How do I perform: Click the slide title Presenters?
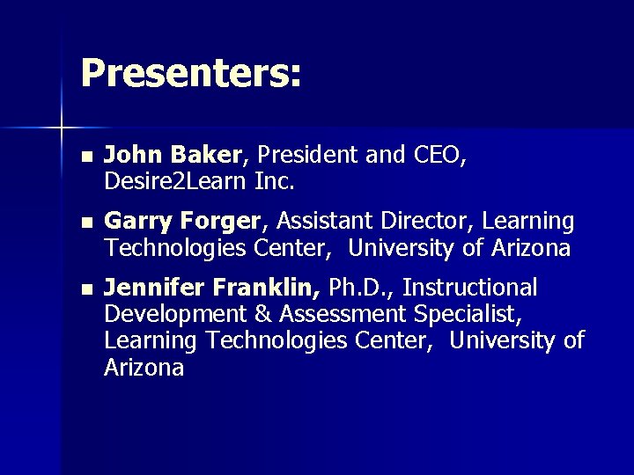(191, 74)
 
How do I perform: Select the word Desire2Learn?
(174, 183)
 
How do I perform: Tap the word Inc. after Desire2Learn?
(274, 183)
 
